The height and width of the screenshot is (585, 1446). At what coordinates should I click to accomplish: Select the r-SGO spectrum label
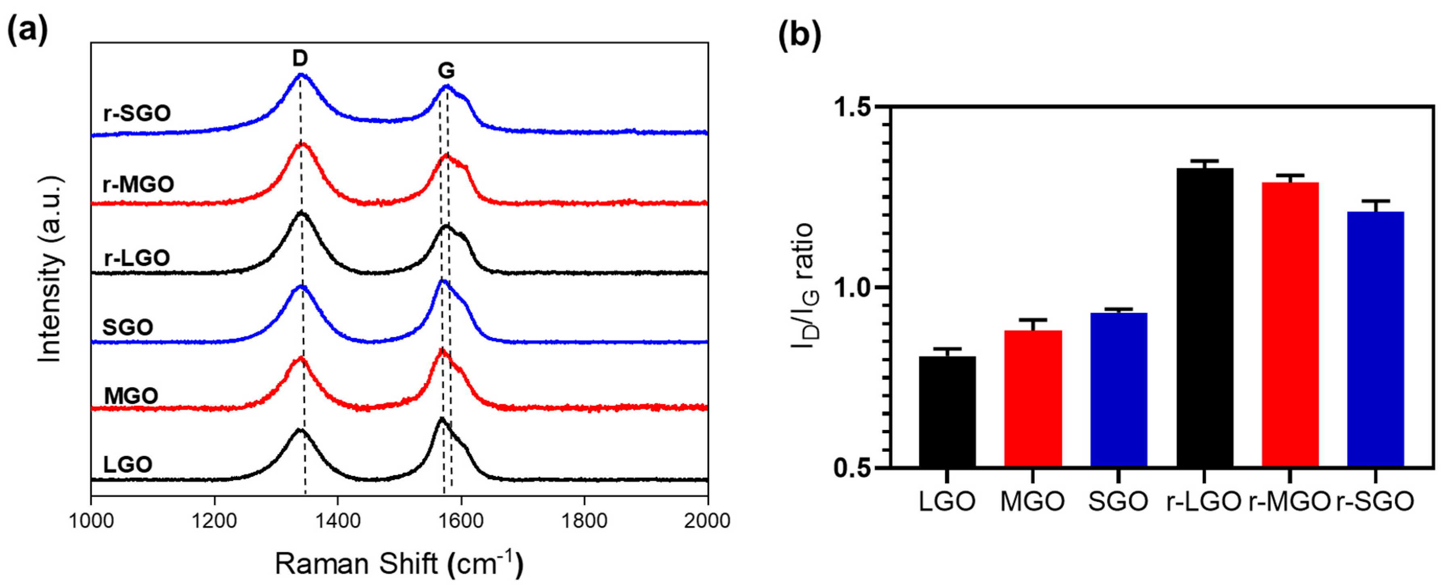click(x=137, y=113)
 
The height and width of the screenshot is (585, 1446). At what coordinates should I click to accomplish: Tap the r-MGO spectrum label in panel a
click(x=139, y=184)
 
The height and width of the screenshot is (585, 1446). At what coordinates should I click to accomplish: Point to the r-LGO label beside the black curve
click(x=137, y=258)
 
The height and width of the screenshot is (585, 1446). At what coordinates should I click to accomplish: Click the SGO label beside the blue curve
click(x=128, y=327)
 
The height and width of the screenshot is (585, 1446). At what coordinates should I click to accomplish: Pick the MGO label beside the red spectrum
click(x=131, y=396)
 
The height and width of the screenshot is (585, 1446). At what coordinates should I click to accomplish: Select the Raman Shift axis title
click(x=399, y=564)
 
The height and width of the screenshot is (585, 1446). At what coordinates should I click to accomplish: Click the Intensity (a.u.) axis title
click(x=50, y=269)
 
